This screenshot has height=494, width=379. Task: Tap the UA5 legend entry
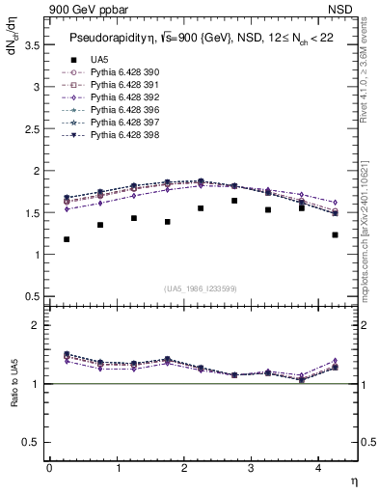point(100,60)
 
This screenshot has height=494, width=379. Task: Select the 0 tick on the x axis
point(49,468)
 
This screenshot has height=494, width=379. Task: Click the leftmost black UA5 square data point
point(67,239)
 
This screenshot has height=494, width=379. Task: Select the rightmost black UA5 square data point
point(335,234)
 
